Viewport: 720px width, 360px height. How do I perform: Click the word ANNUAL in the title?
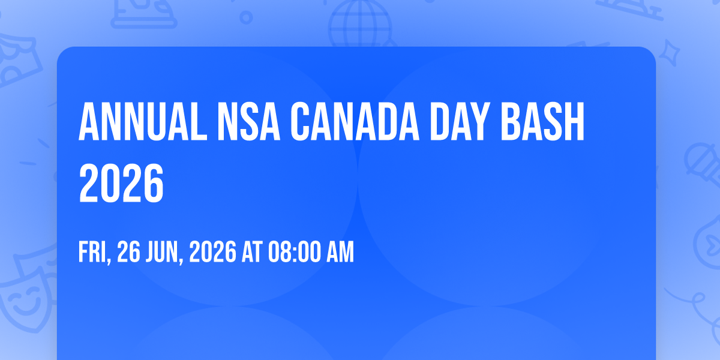[143, 121]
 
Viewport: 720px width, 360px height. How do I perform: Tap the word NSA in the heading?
[249, 121]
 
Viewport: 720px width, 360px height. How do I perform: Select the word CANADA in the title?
[355, 121]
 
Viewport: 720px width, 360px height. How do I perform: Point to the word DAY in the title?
[460, 121]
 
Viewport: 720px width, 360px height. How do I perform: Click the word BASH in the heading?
[542, 121]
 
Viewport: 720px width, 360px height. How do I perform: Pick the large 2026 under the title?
[121, 183]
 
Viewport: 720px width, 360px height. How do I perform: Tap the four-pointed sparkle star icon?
[669, 53]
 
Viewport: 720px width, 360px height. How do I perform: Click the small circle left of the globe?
[246, 17]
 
